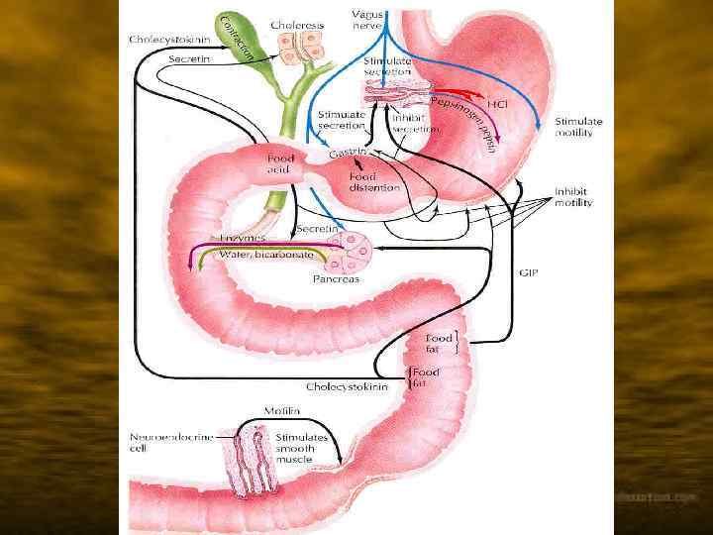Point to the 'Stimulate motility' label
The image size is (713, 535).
pos(578,127)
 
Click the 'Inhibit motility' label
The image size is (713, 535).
pos(573,196)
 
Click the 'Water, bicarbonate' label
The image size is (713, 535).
pos(266,255)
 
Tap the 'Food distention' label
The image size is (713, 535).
pos(374,182)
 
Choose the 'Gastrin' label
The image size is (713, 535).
pos(348,155)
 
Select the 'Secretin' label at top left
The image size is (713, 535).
pos(188,58)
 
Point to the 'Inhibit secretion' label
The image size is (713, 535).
pos(414,124)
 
